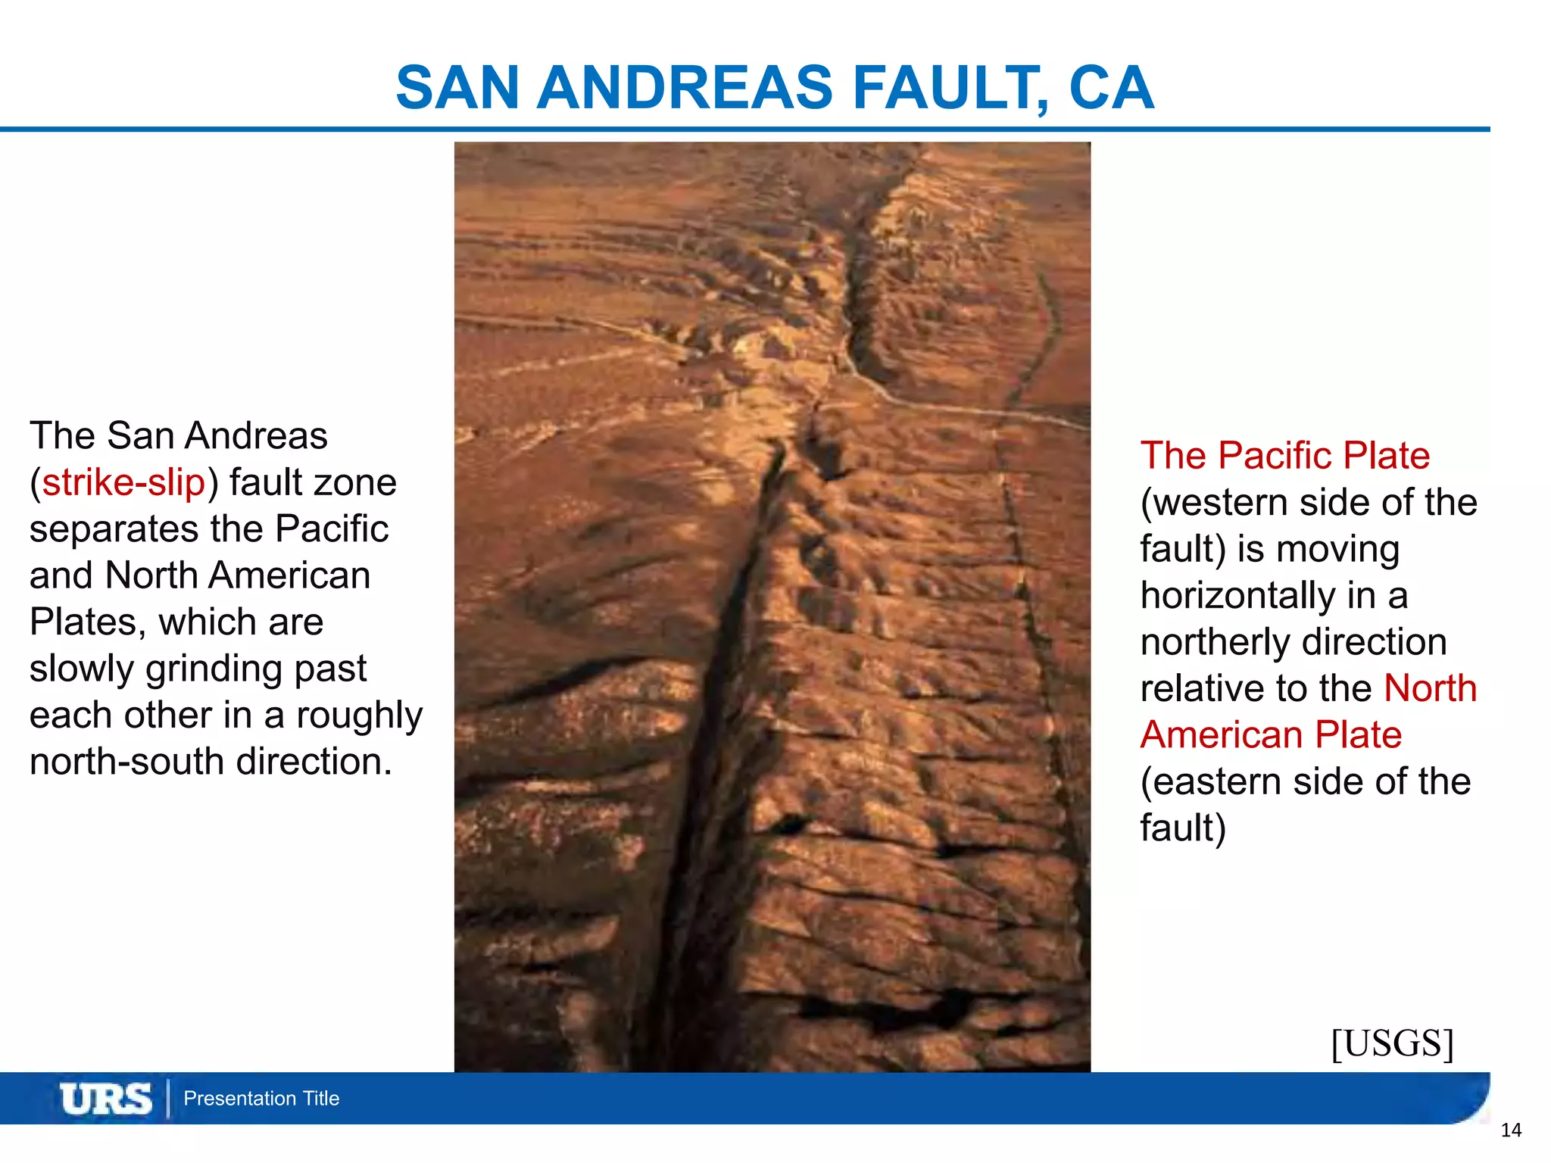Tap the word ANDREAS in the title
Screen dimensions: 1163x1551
pos(685,88)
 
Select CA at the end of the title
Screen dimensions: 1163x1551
pos(1111,88)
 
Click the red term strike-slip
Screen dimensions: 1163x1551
pos(123,482)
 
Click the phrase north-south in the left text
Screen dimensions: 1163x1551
pos(127,762)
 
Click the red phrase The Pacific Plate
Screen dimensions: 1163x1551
pos(1284,456)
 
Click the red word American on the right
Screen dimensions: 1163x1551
pos(1219,735)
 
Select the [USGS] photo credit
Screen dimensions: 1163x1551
pos(1392,1044)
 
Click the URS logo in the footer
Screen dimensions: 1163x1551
pos(106,1099)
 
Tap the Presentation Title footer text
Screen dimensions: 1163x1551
pos(261,1099)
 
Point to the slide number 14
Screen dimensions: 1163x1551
pos(1511,1130)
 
